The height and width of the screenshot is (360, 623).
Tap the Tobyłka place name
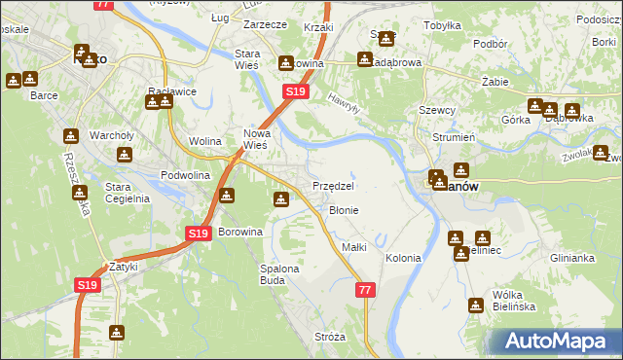[443, 25]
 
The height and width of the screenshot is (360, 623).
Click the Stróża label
[330, 337]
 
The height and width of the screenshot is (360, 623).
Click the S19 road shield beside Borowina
[198, 234]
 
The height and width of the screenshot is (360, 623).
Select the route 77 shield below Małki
[365, 290]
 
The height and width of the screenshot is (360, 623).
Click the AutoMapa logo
[557, 342]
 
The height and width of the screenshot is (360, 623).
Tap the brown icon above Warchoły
[70, 135]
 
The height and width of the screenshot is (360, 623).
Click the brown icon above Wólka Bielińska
[476, 305]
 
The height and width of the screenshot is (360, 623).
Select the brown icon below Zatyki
[117, 333]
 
